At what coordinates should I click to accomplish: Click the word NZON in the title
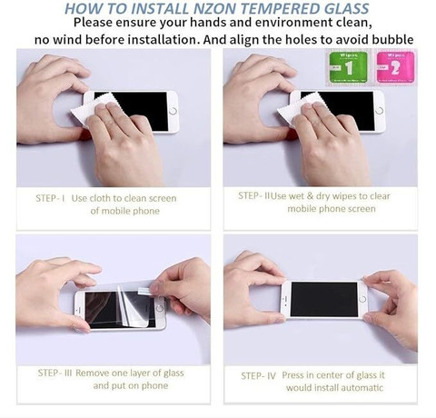[x=214, y=8]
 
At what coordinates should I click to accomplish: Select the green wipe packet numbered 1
[x=348, y=67]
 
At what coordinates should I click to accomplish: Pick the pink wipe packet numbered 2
[x=395, y=67]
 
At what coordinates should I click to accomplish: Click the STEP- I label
[x=50, y=198]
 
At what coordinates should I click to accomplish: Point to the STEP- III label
[x=54, y=373]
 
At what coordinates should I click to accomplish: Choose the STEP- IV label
[x=258, y=376]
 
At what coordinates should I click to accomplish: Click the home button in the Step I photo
[x=173, y=111]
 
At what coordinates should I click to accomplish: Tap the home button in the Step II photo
[x=380, y=111]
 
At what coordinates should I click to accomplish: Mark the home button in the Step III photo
[x=159, y=309]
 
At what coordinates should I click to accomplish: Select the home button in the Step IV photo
[x=362, y=299]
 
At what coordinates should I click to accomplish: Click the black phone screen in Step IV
[x=324, y=299]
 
